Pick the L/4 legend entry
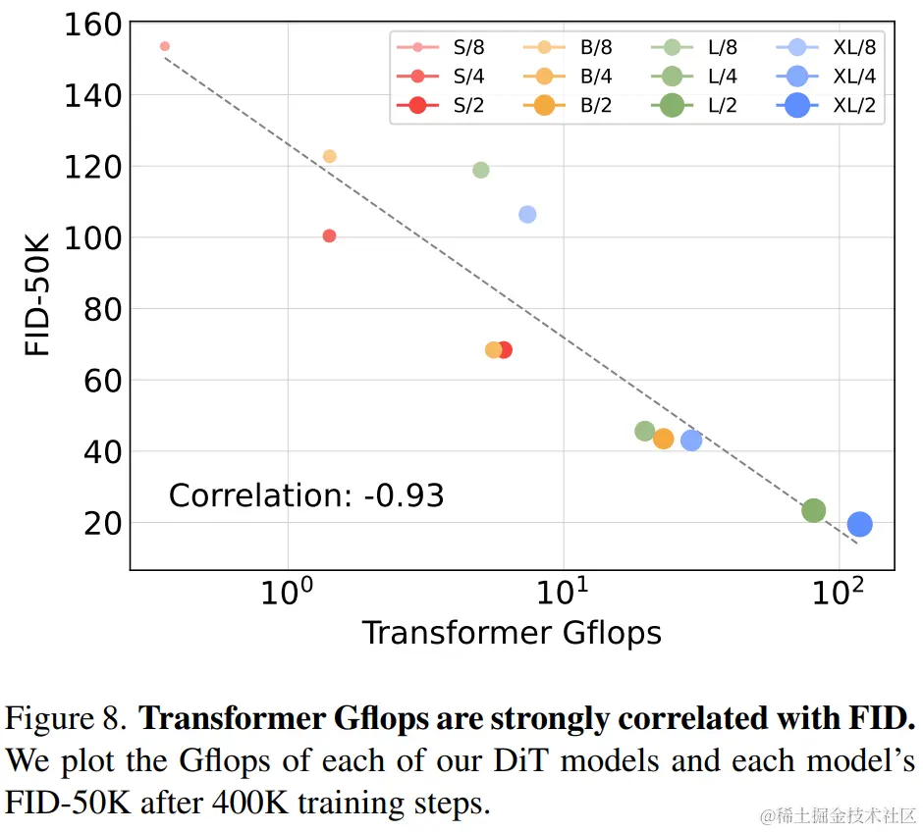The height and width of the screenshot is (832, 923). coord(697,76)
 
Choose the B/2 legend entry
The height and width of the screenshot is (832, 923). coord(570,106)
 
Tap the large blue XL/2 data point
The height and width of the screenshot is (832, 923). coord(859,525)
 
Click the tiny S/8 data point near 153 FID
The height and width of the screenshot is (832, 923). coord(165,46)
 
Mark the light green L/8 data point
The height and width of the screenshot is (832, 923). coord(481,170)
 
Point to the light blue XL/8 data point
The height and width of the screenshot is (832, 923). coord(527,214)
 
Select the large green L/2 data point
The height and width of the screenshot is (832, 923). coord(813,510)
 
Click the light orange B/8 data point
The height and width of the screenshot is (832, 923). coord(330,156)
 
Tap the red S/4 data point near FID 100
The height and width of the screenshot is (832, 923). coord(329,235)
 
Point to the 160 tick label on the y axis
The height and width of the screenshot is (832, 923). coord(90,25)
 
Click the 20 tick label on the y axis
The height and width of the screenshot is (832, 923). coord(101,523)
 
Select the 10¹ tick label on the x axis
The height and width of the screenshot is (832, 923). coord(564,593)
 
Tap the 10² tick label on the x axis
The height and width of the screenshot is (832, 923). coord(840,593)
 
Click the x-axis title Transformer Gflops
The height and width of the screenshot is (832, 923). coord(512,633)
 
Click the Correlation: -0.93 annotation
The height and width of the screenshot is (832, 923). coord(306,495)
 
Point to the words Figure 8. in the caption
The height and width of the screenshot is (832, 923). coord(66,719)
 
